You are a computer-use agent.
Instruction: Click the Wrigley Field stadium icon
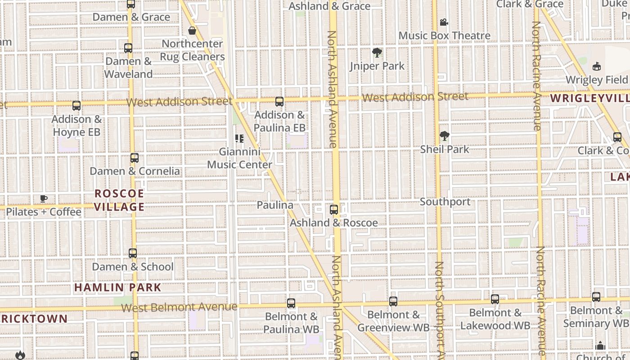click(597, 67)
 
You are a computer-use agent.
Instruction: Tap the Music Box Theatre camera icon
click(444, 22)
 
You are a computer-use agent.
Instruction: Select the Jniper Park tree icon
click(377, 53)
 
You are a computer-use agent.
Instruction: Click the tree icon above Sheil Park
click(444, 136)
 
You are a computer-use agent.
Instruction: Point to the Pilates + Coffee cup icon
click(44, 198)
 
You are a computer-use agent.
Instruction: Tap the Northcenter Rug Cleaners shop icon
click(192, 31)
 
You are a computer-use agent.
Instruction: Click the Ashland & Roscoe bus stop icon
click(334, 210)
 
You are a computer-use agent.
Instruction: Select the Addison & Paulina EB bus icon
click(279, 102)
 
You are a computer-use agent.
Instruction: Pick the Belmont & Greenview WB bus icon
click(393, 301)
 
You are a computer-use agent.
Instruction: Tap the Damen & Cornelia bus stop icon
click(135, 158)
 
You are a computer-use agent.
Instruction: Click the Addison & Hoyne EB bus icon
click(76, 106)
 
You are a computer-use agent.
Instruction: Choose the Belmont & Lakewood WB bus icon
click(495, 299)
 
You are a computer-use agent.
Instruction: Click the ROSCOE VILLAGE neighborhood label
click(119, 200)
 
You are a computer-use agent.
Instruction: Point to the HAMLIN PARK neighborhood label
click(117, 287)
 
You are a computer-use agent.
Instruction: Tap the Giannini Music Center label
click(239, 158)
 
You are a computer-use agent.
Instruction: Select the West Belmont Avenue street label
click(179, 307)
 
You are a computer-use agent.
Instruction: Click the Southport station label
click(445, 202)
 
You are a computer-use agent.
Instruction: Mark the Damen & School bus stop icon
click(133, 253)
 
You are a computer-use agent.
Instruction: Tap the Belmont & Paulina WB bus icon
click(291, 303)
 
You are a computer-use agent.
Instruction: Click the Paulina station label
click(275, 205)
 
